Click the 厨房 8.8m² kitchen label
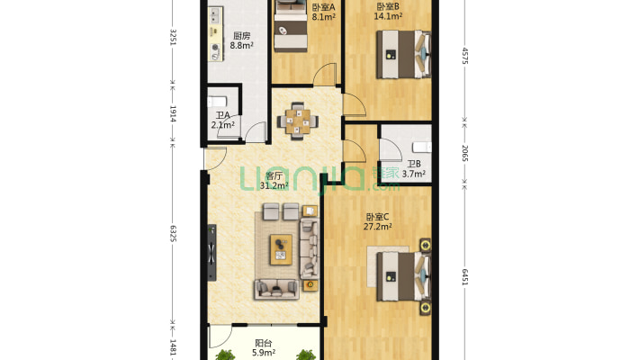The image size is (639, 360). [x=242, y=40]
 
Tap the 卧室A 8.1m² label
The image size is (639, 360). [x=324, y=13]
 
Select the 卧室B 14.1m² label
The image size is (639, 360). [x=388, y=12]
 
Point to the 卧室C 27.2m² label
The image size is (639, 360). [x=377, y=221]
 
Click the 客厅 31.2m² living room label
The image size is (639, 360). [x=274, y=181]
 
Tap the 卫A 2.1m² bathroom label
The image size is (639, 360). [x=223, y=121]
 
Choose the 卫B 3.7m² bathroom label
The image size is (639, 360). [x=414, y=169]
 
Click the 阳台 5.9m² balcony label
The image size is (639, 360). [x=264, y=347]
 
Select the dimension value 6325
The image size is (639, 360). [x=173, y=233]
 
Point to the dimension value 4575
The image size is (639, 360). [x=465, y=56]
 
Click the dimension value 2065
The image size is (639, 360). [x=465, y=153]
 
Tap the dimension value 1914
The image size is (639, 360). [x=173, y=114]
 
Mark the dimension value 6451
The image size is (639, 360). [x=465, y=277]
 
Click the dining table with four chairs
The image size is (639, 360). [x=298, y=121]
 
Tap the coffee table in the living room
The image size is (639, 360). [x=281, y=249]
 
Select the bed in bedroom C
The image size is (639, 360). [x=403, y=276]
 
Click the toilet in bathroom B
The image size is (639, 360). [x=422, y=147]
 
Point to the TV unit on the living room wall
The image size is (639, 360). [x=211, y=253]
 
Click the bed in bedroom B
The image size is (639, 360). [x=403, y=55]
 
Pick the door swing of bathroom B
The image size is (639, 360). [x=391, y=150]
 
